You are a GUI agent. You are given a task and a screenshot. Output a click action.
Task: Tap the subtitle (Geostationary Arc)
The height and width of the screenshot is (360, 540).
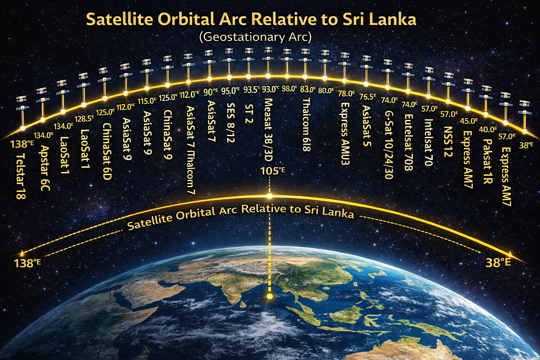255,37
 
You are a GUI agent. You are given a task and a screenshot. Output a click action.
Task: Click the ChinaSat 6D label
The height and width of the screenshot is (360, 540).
107,152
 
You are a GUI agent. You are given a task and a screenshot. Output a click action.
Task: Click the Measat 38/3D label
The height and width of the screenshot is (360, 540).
268,129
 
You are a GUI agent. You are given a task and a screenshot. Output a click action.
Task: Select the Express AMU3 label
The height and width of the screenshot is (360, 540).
345,134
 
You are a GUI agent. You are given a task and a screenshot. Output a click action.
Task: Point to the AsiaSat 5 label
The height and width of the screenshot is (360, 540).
367,126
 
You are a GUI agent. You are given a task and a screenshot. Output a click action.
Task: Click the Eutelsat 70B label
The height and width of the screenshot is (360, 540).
408,142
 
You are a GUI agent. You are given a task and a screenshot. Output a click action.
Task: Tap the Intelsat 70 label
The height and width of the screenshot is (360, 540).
428,142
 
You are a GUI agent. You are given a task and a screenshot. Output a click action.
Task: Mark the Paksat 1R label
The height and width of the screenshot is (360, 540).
487,161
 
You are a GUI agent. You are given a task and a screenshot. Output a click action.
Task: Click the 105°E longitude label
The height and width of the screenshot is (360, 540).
273,171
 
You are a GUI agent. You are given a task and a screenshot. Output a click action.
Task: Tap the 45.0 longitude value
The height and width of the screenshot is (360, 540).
469,121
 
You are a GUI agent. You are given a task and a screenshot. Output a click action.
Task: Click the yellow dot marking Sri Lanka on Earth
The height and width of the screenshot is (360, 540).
270,296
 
